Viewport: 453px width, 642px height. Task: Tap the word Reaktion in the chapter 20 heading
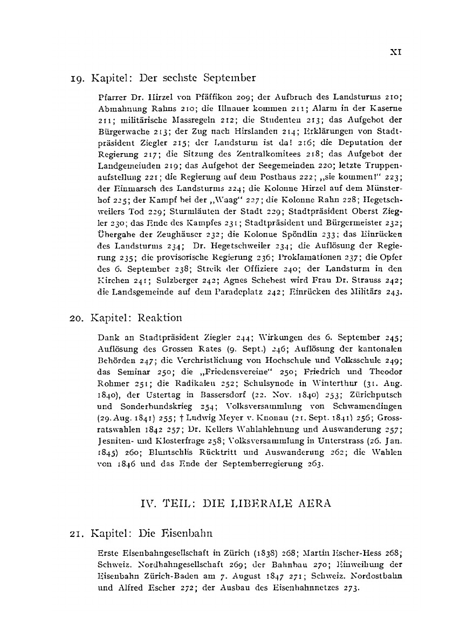(160, 317)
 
